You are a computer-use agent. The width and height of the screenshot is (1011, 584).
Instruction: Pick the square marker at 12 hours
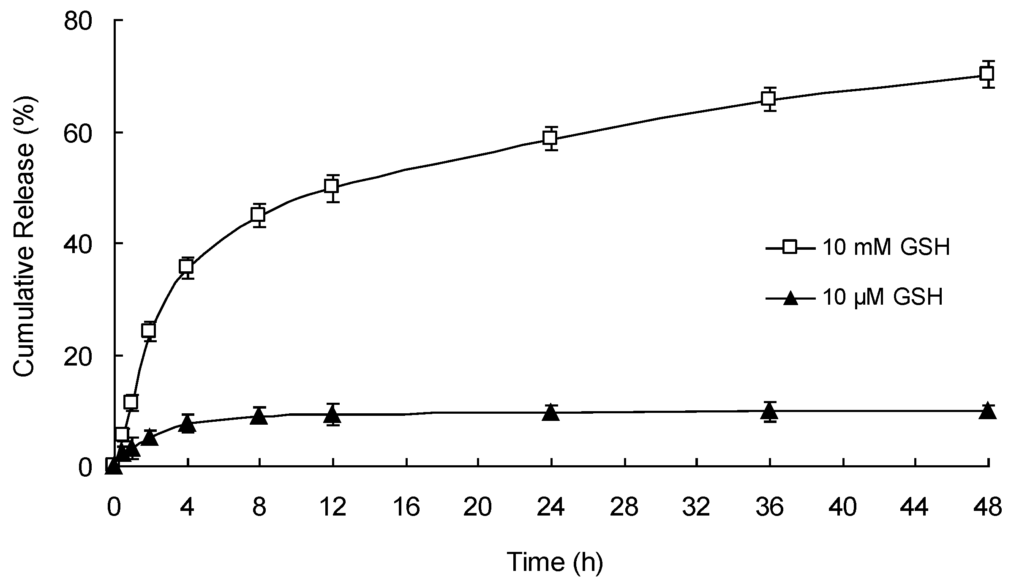click(332, 186)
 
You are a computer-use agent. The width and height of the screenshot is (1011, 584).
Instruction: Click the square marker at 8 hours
click(259, 215)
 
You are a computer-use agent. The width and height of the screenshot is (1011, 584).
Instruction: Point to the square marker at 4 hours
click(187, 267)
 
